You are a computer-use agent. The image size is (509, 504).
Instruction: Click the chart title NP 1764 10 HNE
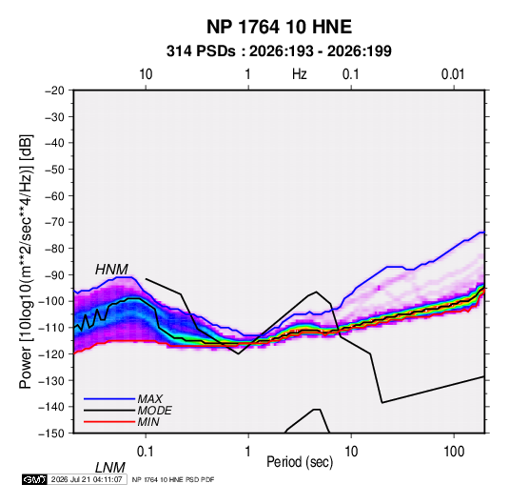tap(279, 27)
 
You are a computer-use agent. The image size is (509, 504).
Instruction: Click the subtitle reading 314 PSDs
tap(201, 51)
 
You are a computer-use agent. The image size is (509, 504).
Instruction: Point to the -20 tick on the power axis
tap(54, 91)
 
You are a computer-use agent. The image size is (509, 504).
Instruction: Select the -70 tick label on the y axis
tap(54, 222)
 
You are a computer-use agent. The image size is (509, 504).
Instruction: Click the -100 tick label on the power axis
tap(51, 301)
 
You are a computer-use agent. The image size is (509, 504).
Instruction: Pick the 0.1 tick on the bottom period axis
tap(146, 452)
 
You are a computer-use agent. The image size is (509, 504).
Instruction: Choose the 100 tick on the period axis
tap(454, 452)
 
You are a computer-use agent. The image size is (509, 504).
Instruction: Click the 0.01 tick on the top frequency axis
tap(453, 74)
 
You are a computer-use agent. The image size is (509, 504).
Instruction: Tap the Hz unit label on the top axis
tap(300, 74)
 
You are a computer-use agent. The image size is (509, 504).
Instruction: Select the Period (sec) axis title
tap(300, 462)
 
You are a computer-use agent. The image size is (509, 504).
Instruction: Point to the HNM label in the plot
tap(111, 270)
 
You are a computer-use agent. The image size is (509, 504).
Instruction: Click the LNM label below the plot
tap(109, 468)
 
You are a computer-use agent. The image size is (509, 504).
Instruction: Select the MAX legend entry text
tap(149, 399)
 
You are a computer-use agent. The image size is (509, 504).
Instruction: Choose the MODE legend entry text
tap(154, 411)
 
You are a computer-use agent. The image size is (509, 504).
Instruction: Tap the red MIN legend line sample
tap(109, 422)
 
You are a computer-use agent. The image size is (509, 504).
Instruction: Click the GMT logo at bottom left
tap(35, 479)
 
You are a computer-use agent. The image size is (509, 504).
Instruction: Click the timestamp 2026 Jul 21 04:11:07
tap(87, 479)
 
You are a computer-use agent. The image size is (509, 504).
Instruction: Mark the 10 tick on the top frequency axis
tap(146, 74)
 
